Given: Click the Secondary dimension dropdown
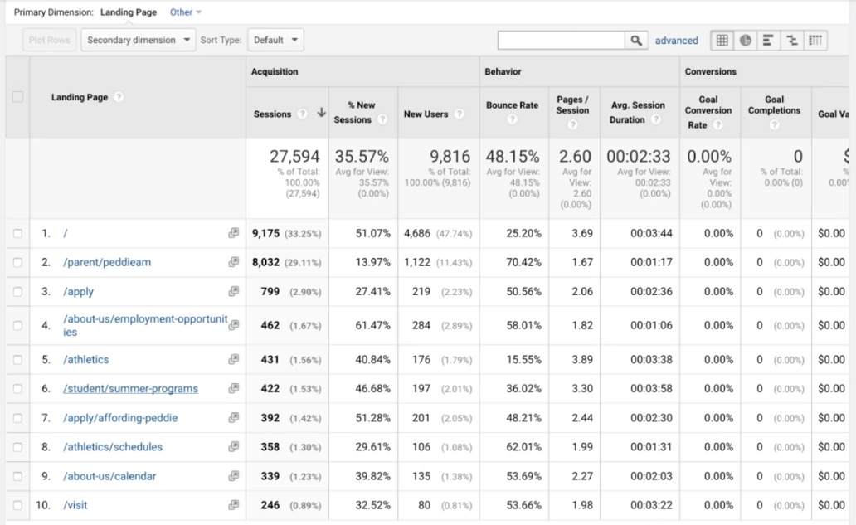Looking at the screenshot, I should [x=138, y=40].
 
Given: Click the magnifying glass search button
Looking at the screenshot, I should [x=636, y=40].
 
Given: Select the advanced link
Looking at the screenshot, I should [x=676, y=40].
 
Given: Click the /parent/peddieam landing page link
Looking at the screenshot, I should [x=107, y=262].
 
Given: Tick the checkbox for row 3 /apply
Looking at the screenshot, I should [x=17, y=292].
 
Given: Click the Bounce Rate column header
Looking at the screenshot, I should [x=512, y=105].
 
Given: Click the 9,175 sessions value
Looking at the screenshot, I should [x=266, y=233].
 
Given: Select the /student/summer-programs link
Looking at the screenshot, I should [x=130, y=389].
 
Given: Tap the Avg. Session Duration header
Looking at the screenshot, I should [x=637, y=112].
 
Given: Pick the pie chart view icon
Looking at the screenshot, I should [x=746, y=40].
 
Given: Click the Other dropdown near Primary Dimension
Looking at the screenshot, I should [x=185, y=12].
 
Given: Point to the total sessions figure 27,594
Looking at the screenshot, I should [x=294, y=156].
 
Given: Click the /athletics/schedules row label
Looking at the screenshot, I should [x=113, y=447].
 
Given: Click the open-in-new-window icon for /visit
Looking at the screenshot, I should [x=234, y=505].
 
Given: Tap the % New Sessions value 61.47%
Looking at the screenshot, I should [x=372, y=326].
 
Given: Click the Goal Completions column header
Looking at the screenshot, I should [x=774, y=105].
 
